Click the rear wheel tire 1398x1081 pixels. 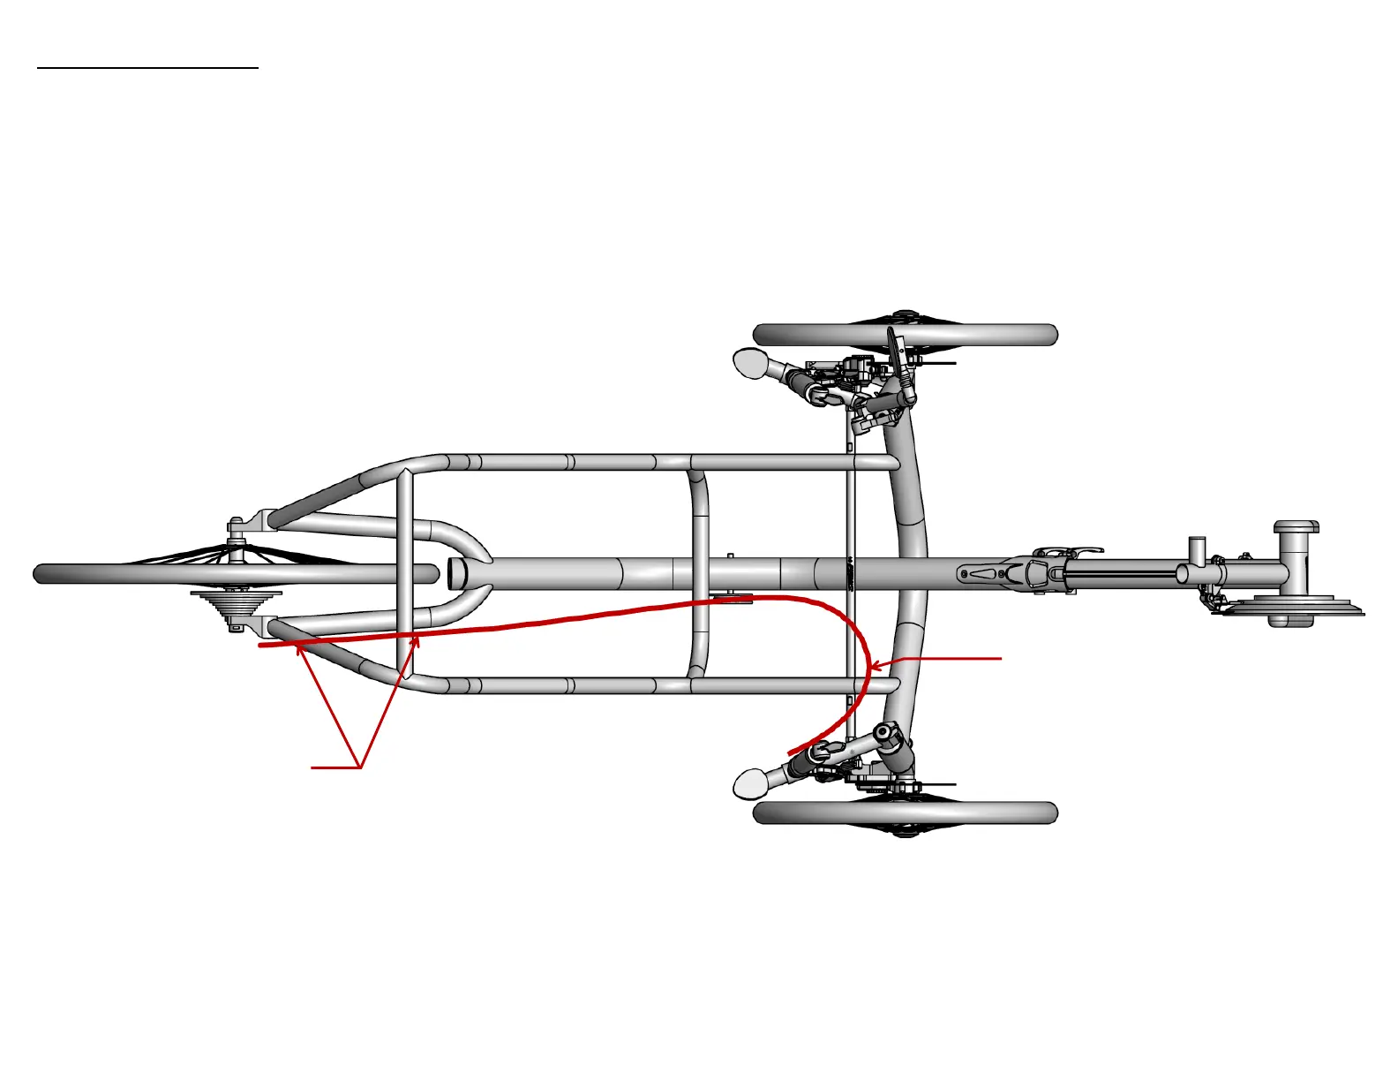tap(132, 574)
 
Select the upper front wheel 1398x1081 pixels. tap(905, 335)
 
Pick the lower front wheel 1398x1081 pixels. tap(905, 813)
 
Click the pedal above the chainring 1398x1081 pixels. tap(1297, 528)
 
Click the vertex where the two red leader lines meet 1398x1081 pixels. tap(360, 767)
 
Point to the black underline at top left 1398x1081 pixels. tap(147, 66)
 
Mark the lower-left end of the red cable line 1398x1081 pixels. tap(261, 646)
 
